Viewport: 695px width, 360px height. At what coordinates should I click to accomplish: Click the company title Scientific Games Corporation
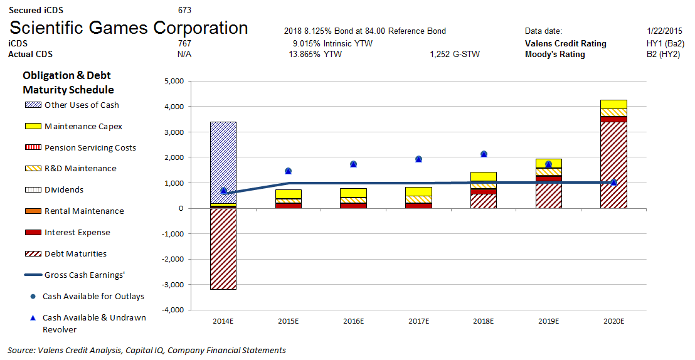pyautogui.click(x=129, y=28)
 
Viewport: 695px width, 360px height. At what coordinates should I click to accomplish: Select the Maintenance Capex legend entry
pyautogui.click(x=83, y=126)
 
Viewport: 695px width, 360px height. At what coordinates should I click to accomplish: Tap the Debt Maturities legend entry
pyautogui.click(x=75, y=254)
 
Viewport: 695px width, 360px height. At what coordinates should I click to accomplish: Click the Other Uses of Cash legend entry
pyautogui.click(x=82, y=105)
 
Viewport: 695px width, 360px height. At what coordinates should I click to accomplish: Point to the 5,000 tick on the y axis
pyautogui.click(x=172, y=81)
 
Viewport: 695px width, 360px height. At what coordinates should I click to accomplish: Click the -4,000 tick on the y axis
pyautogui.click(x=171, y=310)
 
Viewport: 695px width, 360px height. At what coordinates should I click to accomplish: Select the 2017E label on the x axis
pyautogui.click(x=418, y=321)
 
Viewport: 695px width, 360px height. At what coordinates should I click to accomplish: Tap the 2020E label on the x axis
pyautogui.click(x=613, y=321)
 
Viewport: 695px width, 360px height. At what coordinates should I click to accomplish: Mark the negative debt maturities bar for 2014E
pyautogui.click(x=223, y=248)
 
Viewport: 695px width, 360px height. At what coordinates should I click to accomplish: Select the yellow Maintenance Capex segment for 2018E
pyautogui.click(x=484, y=177)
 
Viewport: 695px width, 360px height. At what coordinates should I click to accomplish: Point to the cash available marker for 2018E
pyautogui.click(x=484, y=154)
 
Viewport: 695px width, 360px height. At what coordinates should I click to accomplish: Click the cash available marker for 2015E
pyautogui.click(x=289, y=171)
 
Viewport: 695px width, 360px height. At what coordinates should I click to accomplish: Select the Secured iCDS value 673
pyautogui.click(x=184, y=10)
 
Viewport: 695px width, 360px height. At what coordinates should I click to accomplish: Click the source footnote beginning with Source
pyautogui.click(x=147, y=351)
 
